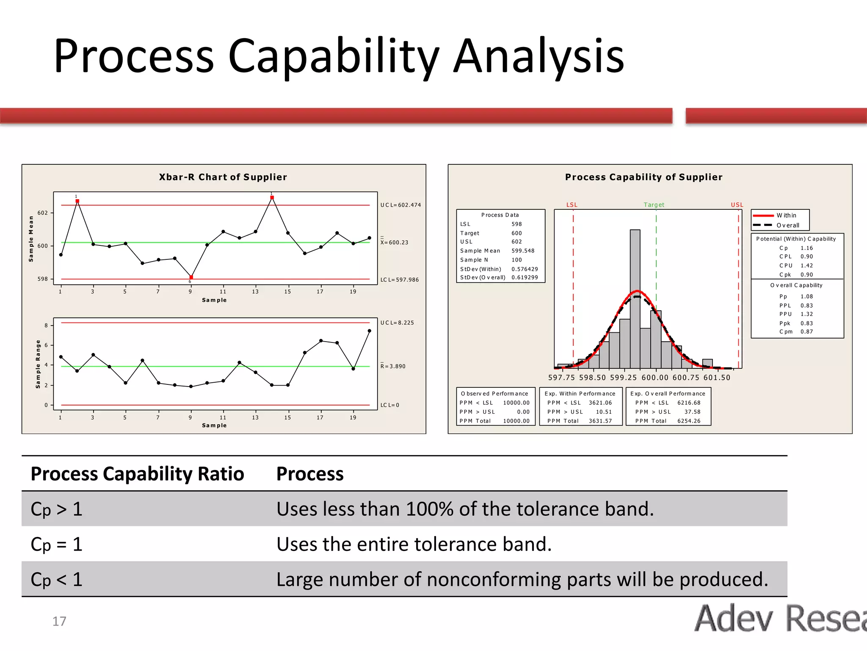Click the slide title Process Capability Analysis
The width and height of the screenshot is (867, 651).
(x=339, y=56)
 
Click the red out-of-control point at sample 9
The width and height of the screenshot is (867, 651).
(x=191, y=277)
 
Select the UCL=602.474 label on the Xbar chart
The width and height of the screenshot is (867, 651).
(x=400, y=205)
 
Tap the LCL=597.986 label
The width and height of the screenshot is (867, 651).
(x=399, y=280)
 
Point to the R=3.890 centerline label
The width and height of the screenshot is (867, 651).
(x=393, y=366)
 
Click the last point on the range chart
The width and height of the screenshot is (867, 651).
(x=369, y=331)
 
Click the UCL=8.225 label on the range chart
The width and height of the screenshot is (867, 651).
(x=397, y=323)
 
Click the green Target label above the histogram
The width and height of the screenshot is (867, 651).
(x=654, y=205)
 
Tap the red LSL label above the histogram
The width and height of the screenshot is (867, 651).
(x=572, y=205)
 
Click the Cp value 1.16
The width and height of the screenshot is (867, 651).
(x=806, y=248)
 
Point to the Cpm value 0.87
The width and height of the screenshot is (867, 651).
(x=806, y=332)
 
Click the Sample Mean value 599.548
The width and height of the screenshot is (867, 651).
(x=523, y=251)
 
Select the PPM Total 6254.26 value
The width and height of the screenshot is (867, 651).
(x=689, y=421)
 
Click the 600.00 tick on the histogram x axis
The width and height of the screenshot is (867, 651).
(x=654, y=378)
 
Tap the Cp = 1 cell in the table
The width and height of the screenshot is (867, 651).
(x=57, y=544)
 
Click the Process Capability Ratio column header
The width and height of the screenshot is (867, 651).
(x=138, y=474)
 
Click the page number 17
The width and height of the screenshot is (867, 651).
(x=59, y=621)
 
